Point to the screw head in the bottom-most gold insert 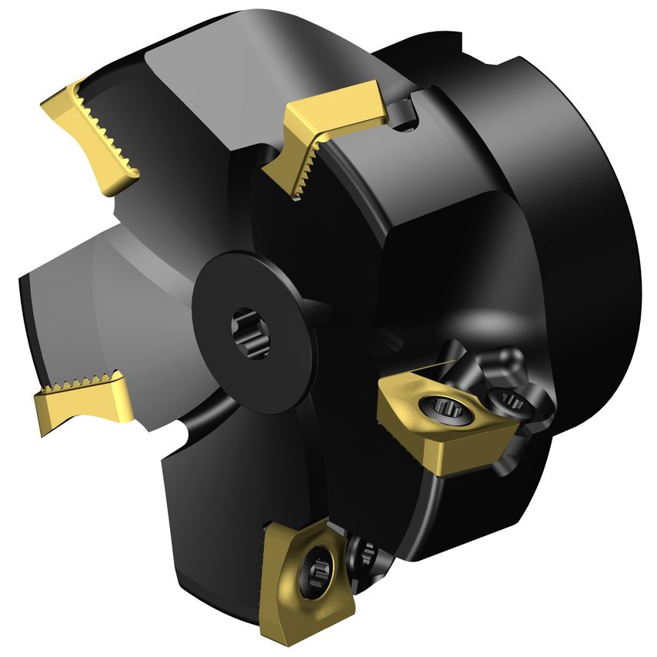tap(317, 572)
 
